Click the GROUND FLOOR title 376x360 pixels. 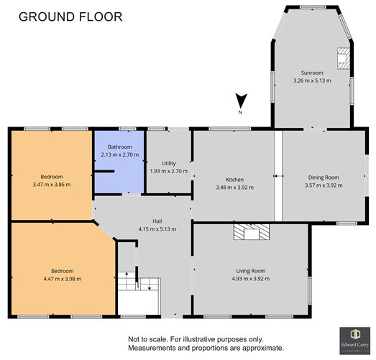(70, 16)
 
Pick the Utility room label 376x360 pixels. (168, 163)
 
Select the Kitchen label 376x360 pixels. (235, 179)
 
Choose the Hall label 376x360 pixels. (146, 221)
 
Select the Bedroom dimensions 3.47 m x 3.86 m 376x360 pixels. (52, 185)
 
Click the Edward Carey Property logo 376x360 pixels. (354, 340)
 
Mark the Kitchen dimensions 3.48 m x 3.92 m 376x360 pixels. (235, 187)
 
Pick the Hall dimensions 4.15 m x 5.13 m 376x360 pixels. (146, 229)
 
